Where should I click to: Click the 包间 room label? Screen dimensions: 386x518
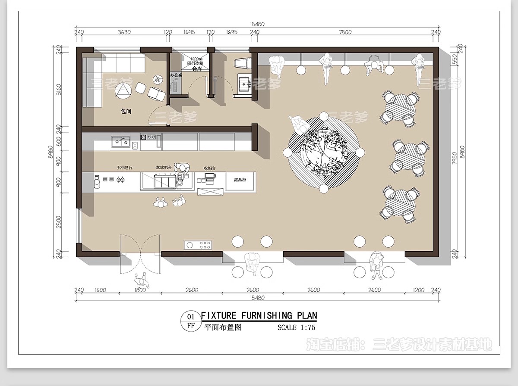(126, 111)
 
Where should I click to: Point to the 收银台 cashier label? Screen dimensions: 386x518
(209, 168)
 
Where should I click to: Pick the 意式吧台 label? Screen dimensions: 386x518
(164, 167)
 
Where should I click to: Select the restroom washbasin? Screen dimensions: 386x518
(244, 82)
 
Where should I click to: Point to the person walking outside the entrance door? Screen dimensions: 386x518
(141, 282)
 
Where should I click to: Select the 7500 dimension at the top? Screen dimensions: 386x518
(345, 32)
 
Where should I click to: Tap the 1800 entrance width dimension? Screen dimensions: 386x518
(140, 290)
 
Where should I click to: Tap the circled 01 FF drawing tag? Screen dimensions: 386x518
(190, 321)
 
